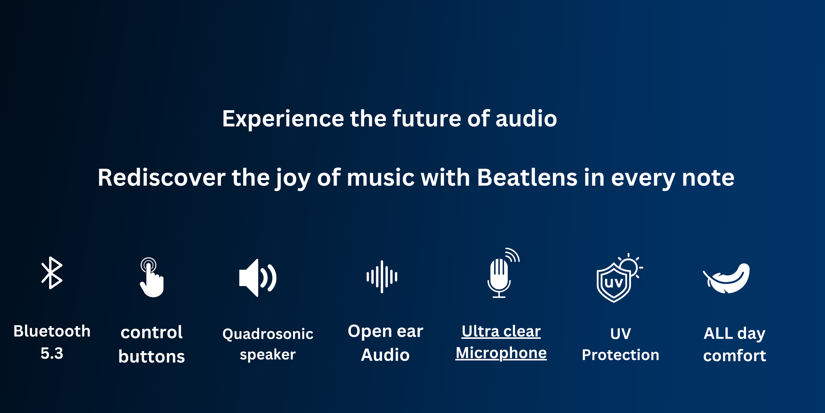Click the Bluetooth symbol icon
52,273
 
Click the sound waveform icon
382,277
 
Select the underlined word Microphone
501,353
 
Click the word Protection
620,355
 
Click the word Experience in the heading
283,119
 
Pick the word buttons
151,357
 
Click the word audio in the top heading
526,119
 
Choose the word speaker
268,355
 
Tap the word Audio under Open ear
385,355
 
